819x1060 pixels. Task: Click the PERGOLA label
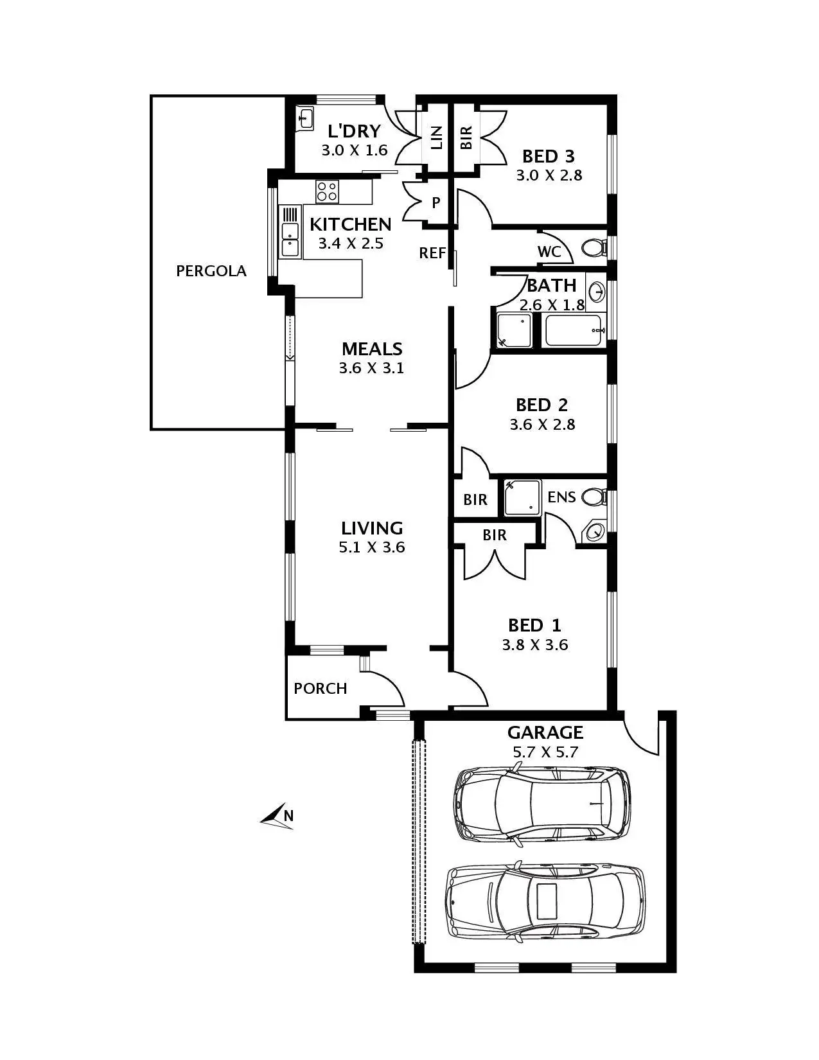coord(211,271)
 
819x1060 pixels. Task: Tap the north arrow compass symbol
coord(277,816)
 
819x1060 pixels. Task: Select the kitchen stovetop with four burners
coord(327,190)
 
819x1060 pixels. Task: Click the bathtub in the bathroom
coord(574,331)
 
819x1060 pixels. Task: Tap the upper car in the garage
coord(542,803)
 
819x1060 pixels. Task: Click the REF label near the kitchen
coord(432,253)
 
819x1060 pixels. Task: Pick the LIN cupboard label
coord(437,137)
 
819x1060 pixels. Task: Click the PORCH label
coord(320,689)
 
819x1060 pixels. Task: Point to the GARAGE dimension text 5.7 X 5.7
coord(545,752)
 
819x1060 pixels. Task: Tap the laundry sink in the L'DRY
coord(305,119)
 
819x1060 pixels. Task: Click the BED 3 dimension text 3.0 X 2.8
coord(549,175)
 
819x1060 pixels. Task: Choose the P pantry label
coord(436,203)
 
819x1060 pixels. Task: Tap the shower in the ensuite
coord(522,497)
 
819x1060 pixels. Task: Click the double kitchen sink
coord(290,239)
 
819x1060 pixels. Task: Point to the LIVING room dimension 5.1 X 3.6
coord(372,547)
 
